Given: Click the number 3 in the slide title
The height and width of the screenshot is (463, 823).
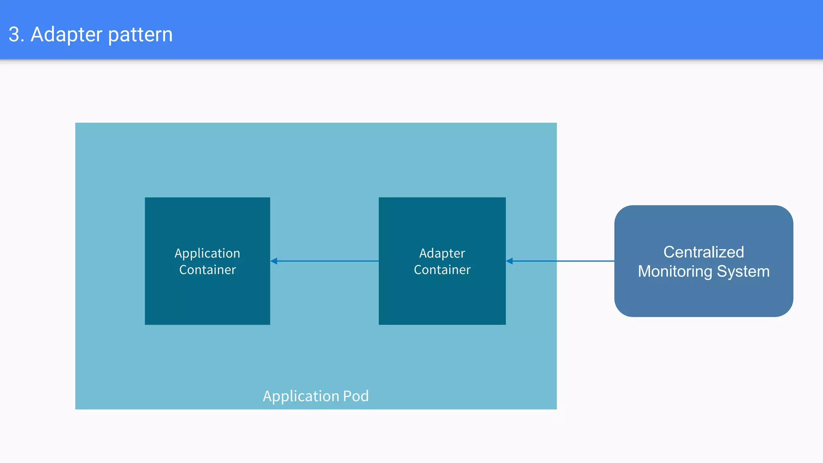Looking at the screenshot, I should tap(14, 35).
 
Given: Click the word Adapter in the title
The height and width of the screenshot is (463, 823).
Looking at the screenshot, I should tap(67, 35).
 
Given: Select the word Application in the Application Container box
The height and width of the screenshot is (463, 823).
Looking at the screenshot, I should tap(207, 254).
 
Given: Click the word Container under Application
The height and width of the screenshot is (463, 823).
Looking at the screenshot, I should tap(207, 270).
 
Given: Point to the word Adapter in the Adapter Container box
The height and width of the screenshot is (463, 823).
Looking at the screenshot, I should tap(442, 254).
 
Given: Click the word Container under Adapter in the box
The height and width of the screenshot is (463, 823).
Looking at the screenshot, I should tap(442, 270).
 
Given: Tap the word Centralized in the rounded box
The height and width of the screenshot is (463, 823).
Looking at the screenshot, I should tap(703, 252).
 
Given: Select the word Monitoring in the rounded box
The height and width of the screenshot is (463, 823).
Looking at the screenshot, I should tap(675, 272).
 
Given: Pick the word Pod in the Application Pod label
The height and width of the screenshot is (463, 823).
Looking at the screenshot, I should tap(356, 396).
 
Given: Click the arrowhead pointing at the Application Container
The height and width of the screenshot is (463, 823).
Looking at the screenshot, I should tap(274, 261).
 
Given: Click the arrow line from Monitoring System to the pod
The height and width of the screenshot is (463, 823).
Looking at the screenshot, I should tap(563, 261).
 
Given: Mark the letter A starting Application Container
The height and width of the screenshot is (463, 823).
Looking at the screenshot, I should tap(178, 254).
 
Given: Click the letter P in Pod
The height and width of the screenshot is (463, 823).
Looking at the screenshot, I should tap(346, 396).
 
